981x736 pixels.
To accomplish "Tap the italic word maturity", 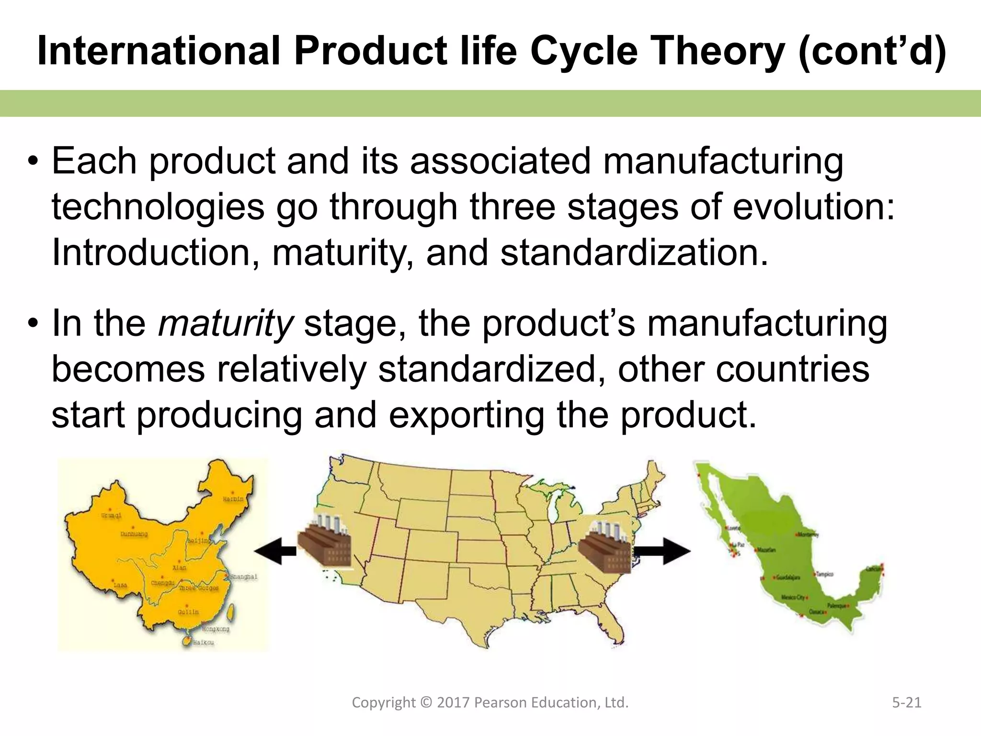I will (225, 323).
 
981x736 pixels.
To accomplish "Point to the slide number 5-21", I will (907, 702).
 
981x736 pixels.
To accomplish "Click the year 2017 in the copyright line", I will (453, 702).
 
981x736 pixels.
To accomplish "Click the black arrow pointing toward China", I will (274, 551).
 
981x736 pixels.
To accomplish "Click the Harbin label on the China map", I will (233, 499).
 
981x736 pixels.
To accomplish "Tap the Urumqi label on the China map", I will (111, 516).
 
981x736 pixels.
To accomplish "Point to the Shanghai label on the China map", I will (244, 576).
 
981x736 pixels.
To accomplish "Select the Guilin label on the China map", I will (188, 612).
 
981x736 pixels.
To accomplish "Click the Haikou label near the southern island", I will (203, 642).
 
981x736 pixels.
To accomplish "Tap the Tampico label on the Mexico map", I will (825, 574).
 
